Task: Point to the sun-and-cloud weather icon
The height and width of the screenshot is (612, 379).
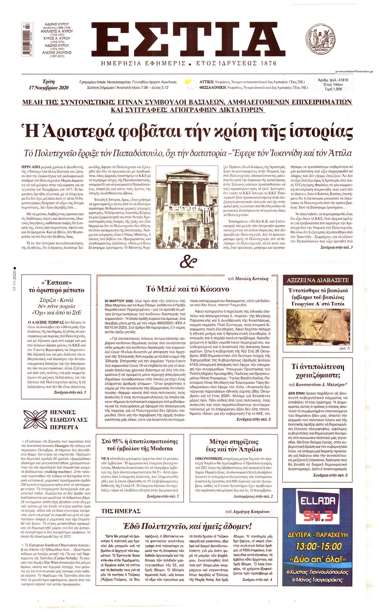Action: point(190,83)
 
